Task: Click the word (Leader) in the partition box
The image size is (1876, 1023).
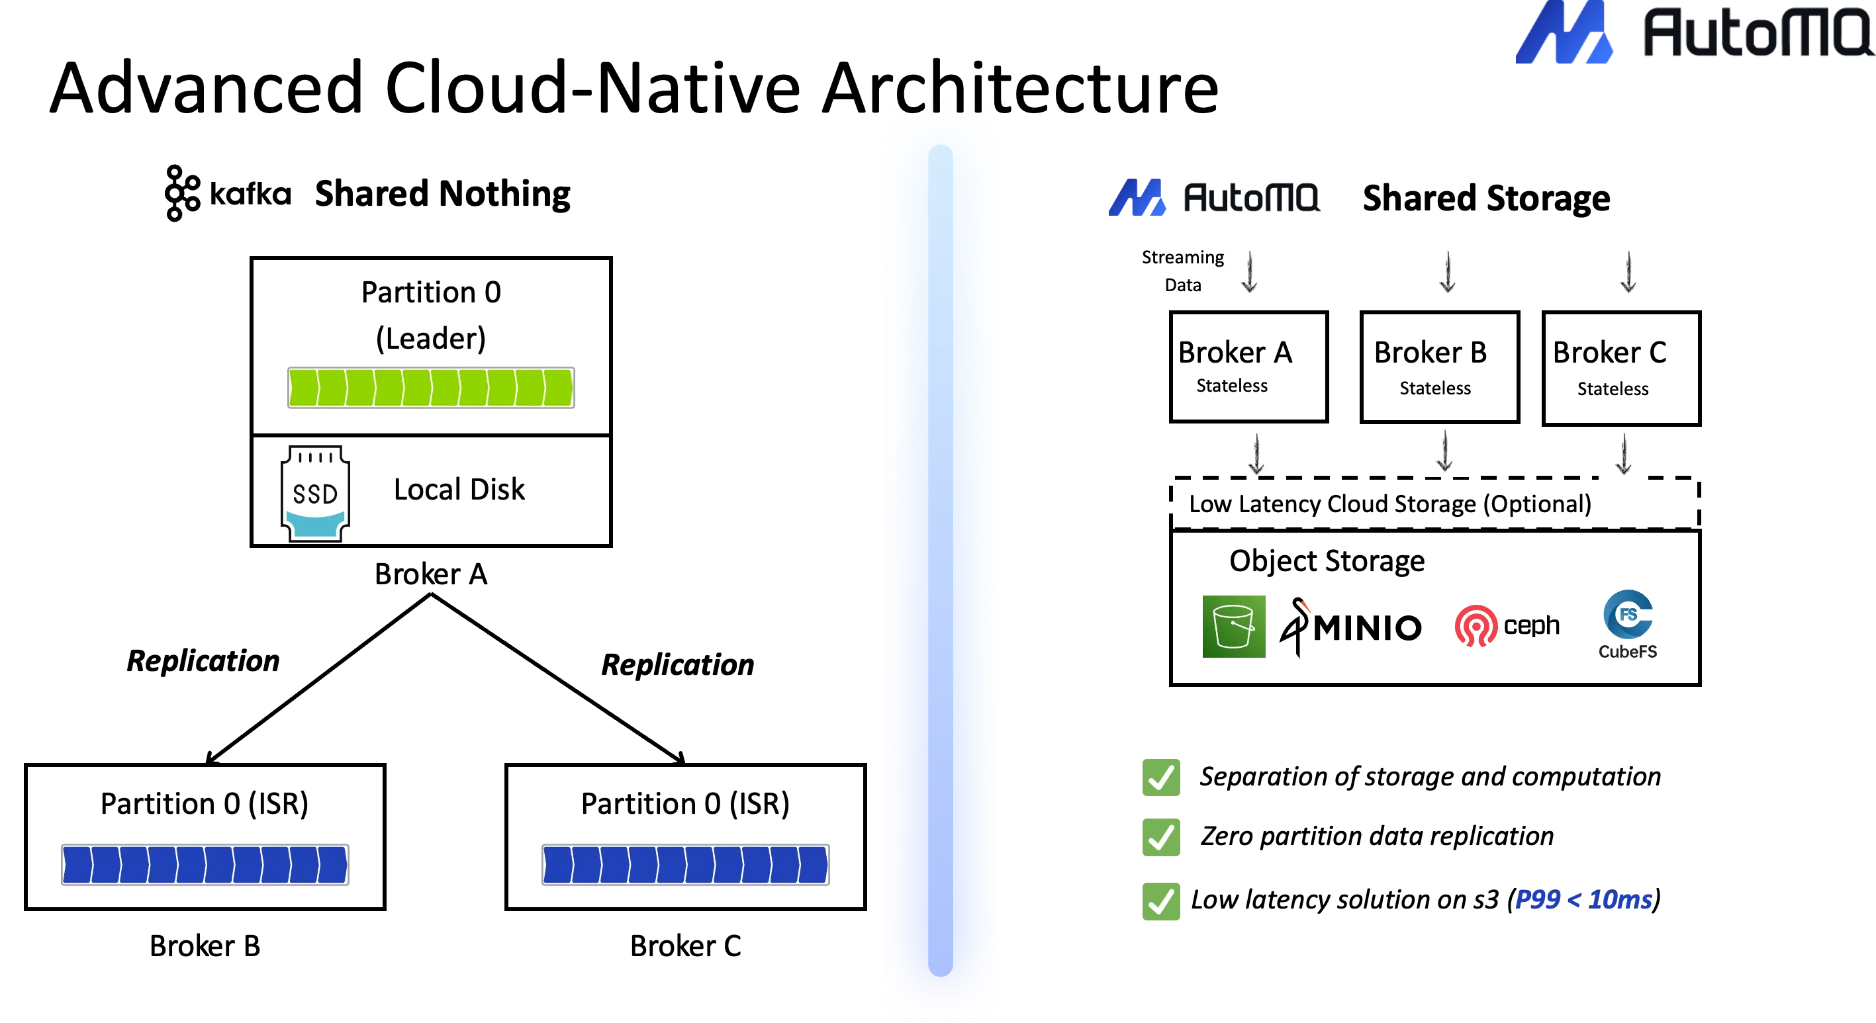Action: [430, 339]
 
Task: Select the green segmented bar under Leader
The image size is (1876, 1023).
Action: [430, 387]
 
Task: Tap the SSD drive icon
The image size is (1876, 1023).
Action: [315, 494]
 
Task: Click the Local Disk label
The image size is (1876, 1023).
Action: [459, 489]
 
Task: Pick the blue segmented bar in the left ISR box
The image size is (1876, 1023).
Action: [205, 864]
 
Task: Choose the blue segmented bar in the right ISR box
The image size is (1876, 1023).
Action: [685, 864]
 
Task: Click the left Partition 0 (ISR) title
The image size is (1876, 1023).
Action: [205, 804]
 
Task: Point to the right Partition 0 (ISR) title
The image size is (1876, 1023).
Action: [685, 804]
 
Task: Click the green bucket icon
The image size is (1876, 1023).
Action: [1233, 627]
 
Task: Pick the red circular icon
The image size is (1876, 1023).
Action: [1475, 626]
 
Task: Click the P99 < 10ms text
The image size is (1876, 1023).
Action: [1583, 900]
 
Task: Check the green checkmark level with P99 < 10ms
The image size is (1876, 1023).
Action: [1159, 901]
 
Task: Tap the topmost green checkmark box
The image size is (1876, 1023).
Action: [1159, 778]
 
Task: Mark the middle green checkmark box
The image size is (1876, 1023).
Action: [1159, 836]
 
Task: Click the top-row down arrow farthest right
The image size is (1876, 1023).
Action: [1628, 273]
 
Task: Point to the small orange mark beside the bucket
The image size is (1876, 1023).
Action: [1307, 605]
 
